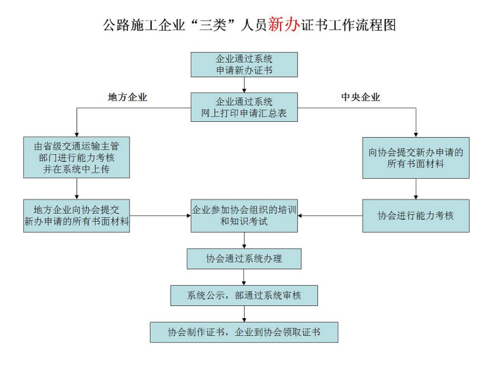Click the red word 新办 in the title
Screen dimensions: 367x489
click(284, 24)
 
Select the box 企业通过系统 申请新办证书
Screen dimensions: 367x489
click(244, 65)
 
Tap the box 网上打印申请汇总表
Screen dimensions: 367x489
click(244, 107)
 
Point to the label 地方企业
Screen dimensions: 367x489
click(128, 97)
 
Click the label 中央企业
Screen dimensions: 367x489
click(361, 97)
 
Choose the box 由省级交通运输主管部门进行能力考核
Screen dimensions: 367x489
click(76, 158)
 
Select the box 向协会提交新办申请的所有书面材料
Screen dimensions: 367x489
click(415, 158)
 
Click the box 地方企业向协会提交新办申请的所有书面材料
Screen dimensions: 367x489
click(76, 216)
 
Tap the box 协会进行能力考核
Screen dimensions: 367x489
click(415, 216)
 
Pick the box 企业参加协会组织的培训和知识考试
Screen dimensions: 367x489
click(244, 216)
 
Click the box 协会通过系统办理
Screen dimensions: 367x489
click(244, 259)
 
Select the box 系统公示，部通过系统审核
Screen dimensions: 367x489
click(244, 295)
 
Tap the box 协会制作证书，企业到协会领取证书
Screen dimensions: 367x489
click(244, 332)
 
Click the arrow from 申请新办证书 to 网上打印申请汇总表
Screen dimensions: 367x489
click(244, 85)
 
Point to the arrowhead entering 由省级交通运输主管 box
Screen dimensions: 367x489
click(76, 134)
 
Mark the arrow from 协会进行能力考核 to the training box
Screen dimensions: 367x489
click(330, 216)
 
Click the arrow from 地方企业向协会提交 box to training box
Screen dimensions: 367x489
click(160, 216)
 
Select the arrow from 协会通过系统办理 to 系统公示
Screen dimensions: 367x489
click(244, 277)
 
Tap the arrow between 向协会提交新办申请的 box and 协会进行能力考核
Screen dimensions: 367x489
click(415, 189)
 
